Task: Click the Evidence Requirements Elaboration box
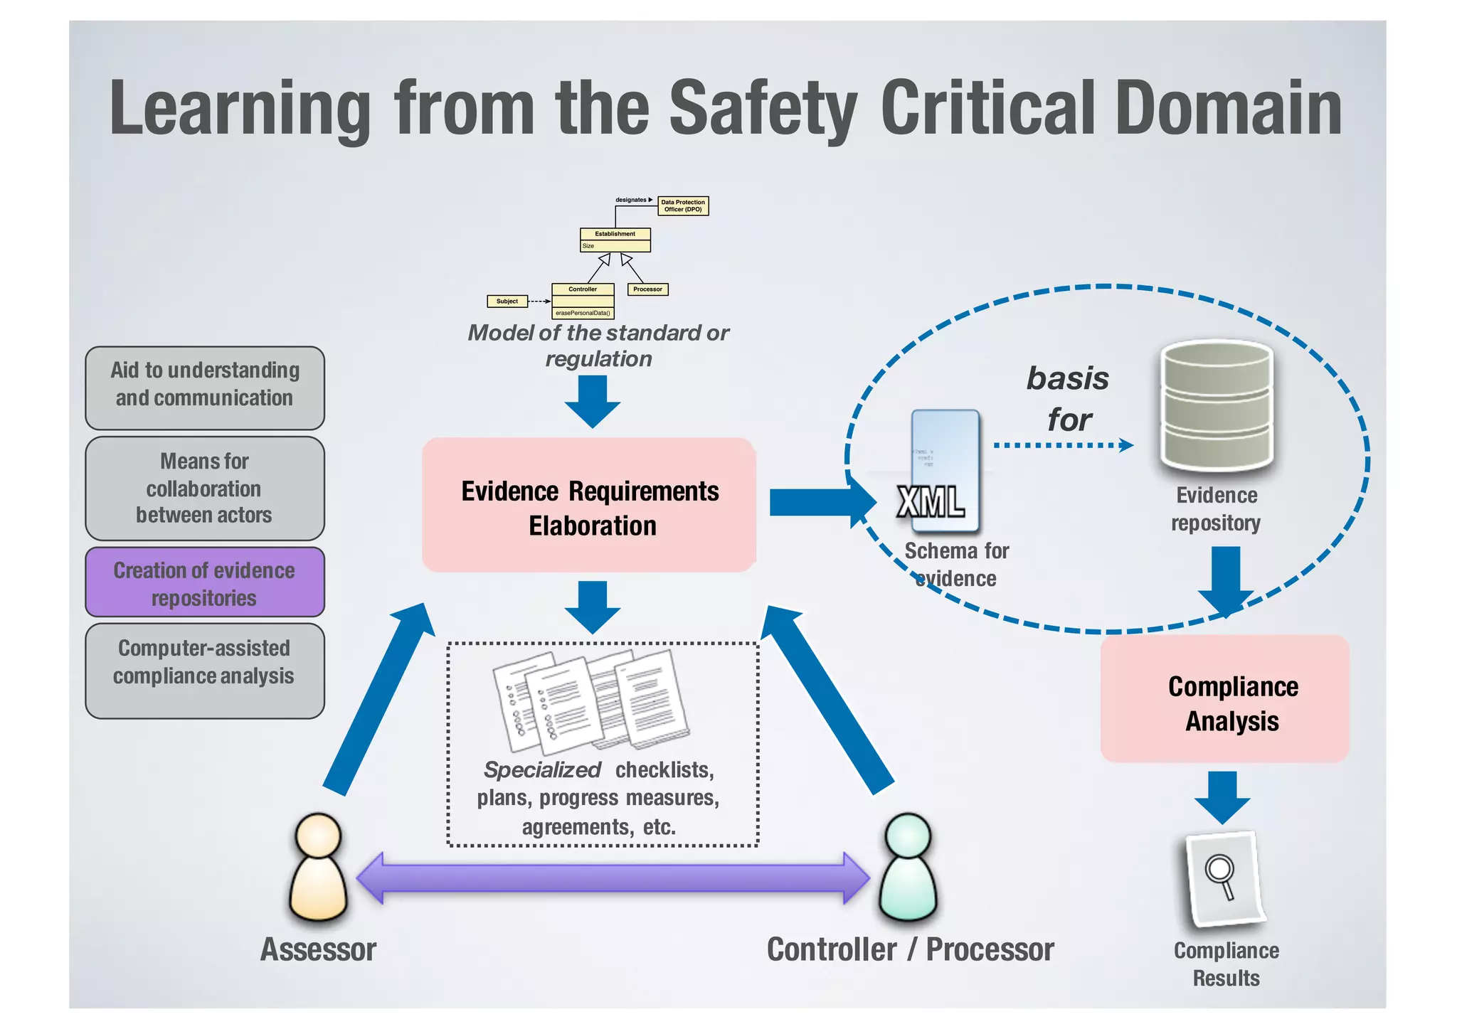click(x=589, y=505)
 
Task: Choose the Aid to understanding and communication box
click(x=205, y=388)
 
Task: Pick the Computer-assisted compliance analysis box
click(x=205, y=671)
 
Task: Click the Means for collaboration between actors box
click(x=205, y=489)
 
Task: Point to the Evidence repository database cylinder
click(x=1217, y=405)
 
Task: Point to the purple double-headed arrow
click(x=612, y=878)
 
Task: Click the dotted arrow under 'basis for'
click(x=1064, y=445)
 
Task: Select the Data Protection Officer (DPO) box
click(x=683, y=206)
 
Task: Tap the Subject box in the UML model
click(x=507, y=301)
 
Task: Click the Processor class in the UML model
click(x=647, y=289)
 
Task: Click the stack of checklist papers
click(x=590, y=700)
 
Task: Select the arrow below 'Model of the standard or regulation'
click(x=592, y=400)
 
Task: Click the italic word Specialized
click(x=542, y=769)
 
